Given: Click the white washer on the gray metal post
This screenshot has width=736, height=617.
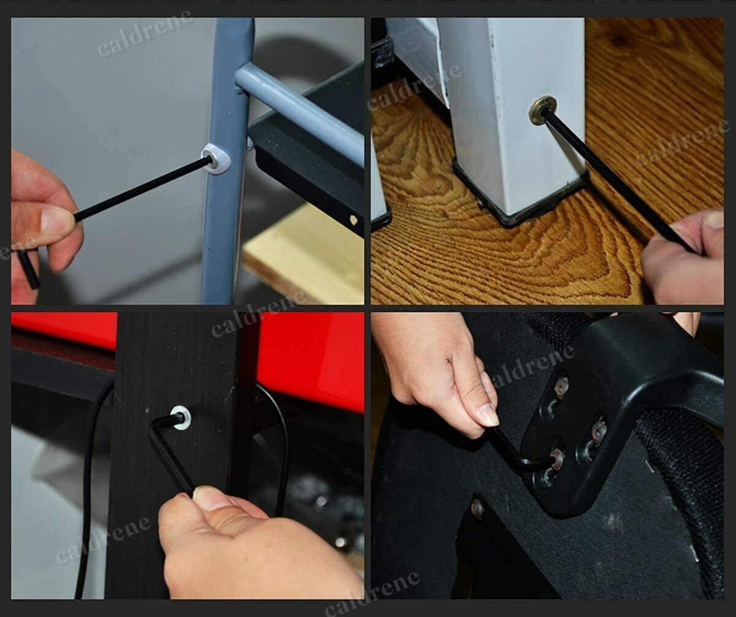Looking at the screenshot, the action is coord(216,159).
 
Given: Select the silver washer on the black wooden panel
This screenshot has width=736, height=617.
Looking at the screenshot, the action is coord(180,418).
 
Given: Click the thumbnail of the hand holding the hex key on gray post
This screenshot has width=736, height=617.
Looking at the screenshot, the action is coord(56,221).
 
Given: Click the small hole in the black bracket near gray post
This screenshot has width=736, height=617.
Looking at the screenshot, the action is coord(353,220).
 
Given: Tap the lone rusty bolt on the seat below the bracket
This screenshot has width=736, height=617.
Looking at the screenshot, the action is coord(478,509).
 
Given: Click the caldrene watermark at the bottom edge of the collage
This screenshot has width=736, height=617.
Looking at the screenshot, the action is coord(372,593).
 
